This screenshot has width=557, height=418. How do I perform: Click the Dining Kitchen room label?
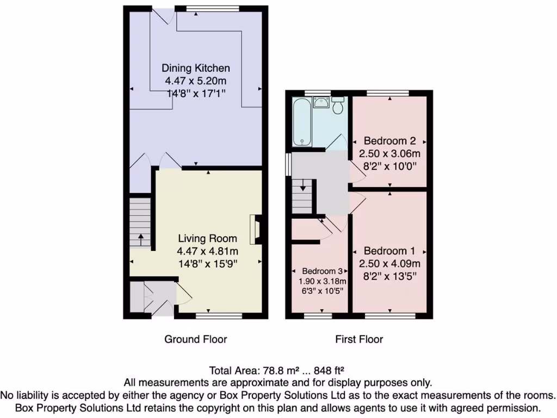point(196,68)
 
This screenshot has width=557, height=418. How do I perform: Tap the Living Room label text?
point(208,238)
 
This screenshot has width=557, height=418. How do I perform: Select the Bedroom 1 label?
point(389,251)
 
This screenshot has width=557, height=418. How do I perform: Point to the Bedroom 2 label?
point(389,139)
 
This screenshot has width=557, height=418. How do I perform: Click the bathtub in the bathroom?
point(301,121)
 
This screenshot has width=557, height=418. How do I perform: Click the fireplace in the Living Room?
point(253,229)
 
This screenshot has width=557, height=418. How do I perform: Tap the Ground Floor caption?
point(196,339)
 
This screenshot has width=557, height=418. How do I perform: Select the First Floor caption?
point(359,339)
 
